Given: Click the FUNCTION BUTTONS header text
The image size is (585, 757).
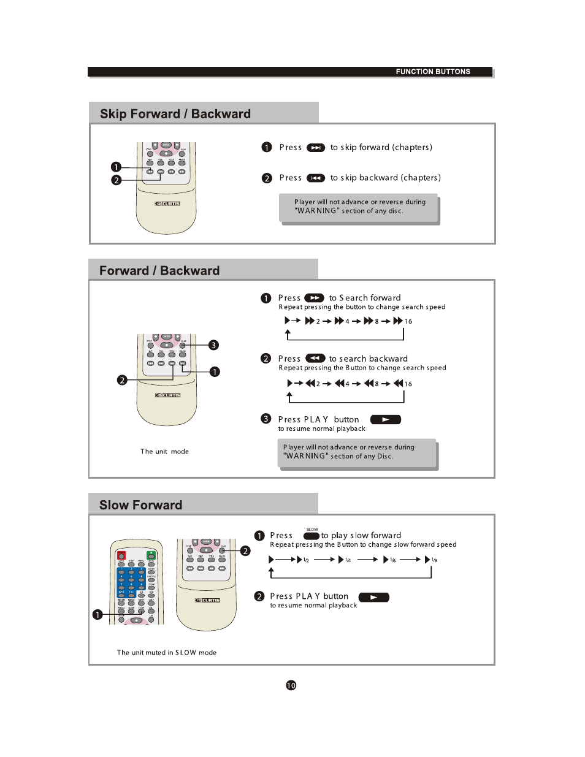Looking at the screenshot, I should (x=433, y=72).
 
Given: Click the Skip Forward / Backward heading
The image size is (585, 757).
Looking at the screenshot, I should (x=175, y=114).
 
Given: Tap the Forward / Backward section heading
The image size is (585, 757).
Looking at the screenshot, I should (x=159, y=271).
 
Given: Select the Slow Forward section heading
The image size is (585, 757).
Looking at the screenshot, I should (x=141, y=505).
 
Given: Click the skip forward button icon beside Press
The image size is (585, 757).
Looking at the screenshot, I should (x=316, y=148).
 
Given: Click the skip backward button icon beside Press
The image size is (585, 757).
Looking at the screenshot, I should (x=316, y=178).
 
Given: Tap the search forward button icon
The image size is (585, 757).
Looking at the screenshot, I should (x=314, y=298).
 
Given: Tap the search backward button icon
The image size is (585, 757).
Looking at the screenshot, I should (x=315, y=359).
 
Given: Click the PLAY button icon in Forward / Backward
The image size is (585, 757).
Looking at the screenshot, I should (x=385, y=420).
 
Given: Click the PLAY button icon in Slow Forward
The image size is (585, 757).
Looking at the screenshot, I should (x=373, y=597).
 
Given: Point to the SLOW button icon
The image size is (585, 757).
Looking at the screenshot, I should (x=312, y=536).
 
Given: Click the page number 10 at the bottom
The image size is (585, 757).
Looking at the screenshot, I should (x=291, y=685).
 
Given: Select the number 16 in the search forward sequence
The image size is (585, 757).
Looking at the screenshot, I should (x=408, y=321).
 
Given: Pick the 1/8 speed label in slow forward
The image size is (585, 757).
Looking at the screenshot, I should (x=434, y=560).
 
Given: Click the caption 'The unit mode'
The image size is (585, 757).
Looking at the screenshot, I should (x=164, y=452).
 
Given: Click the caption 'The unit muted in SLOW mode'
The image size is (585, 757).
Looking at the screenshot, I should (x=167, y=653).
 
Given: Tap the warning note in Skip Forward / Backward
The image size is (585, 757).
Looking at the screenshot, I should (x=359, y=207).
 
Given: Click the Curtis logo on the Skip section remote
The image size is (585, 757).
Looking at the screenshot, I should (x=167, y=204).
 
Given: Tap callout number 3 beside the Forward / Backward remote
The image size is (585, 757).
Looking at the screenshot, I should (x=213, y=345).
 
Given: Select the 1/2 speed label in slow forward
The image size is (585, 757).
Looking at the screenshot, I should (x=306, y=560).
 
